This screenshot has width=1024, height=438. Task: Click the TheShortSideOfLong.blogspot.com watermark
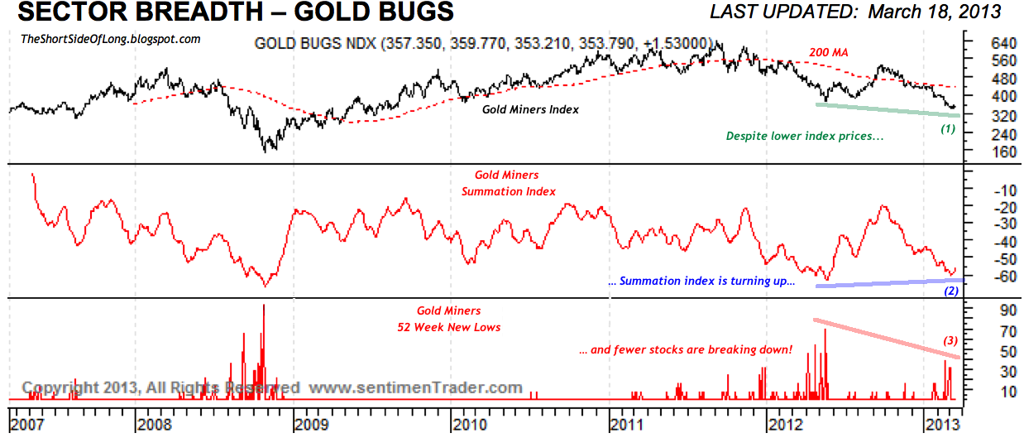110,39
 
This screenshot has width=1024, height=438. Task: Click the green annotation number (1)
948,128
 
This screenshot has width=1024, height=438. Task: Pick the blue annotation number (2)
951,291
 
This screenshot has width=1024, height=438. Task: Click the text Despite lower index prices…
804,136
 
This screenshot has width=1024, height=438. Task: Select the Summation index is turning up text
701,282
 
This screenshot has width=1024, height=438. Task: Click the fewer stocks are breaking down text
686,350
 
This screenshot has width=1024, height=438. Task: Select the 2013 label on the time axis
941,425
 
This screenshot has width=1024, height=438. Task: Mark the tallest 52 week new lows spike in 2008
264,306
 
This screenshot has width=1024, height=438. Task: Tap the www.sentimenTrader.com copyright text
417,387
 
